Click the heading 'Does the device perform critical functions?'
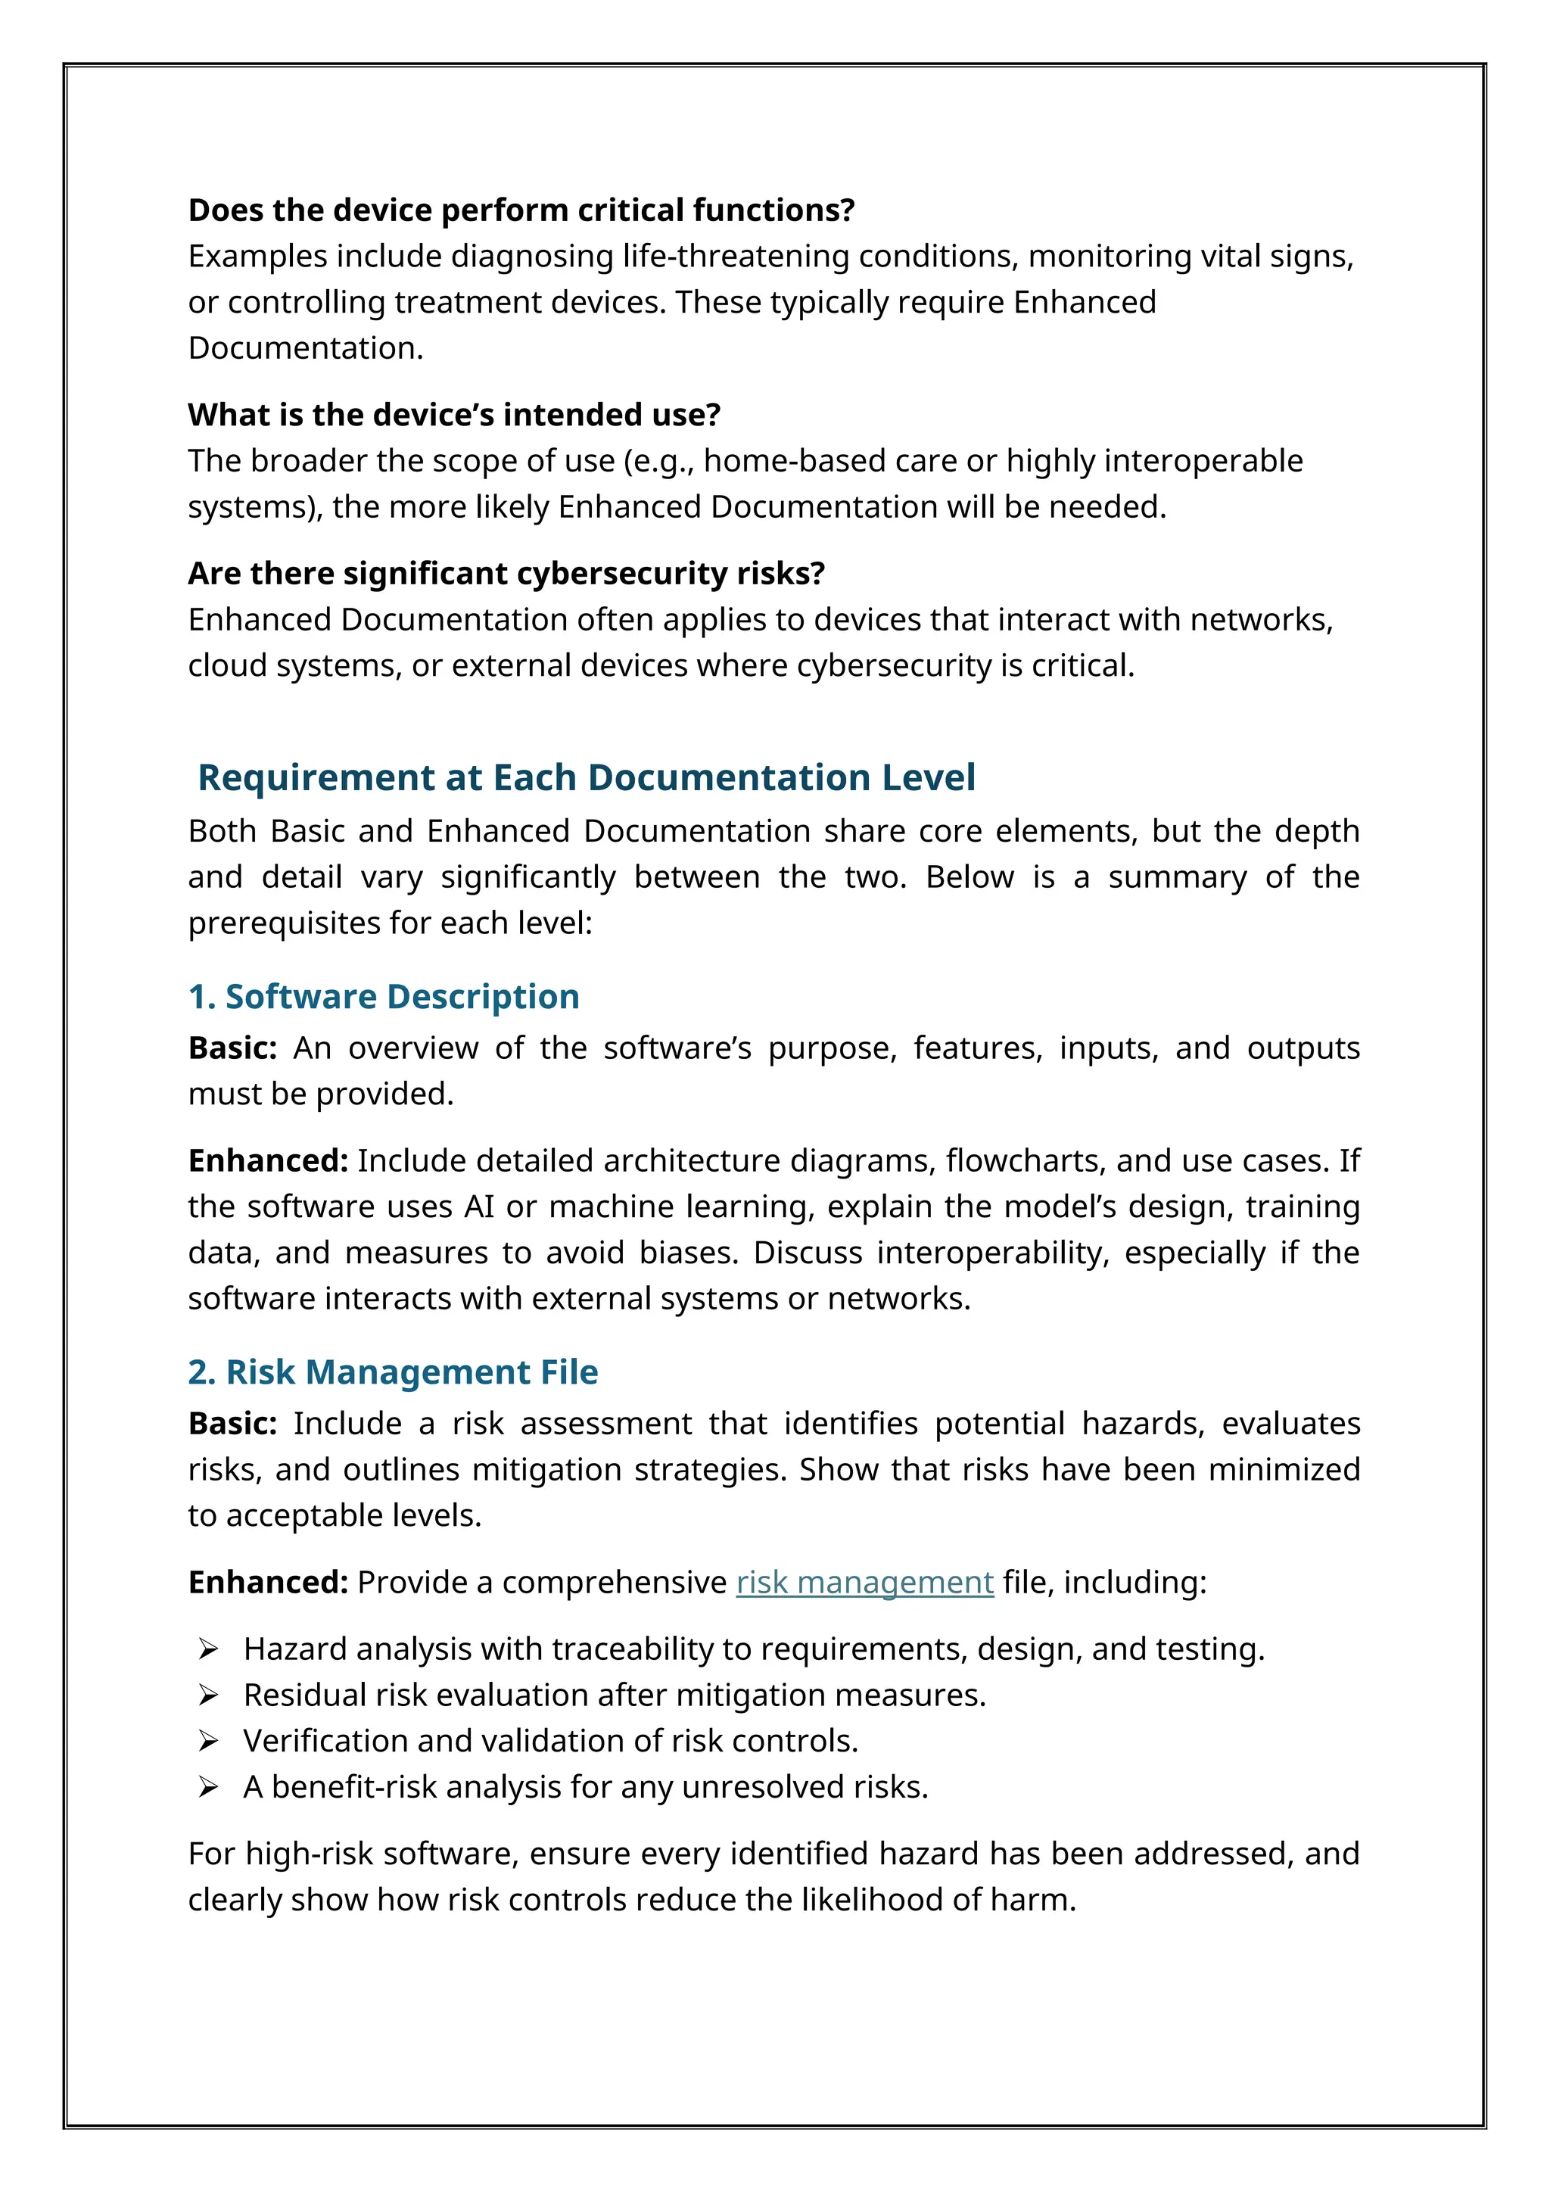tap(521, 210)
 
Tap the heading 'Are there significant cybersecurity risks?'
tap(506, 573)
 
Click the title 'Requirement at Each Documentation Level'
tap(586, 777)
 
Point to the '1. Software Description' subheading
tap(384, 997)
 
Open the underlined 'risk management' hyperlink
tap(865, 1583)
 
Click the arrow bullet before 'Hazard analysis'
tap(208, 1650)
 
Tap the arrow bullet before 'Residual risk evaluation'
tap(208, 1695)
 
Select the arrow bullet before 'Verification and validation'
tap(208, 1742)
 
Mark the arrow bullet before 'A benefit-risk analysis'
tap(208, 1787)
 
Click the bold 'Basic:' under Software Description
tap(232, 1048)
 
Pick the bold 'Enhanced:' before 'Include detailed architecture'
tap(268, 1161)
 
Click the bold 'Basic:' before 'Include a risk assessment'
tap(232, 1424)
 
